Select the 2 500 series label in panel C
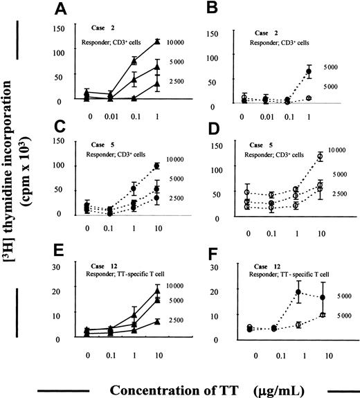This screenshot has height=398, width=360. point(177,198)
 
